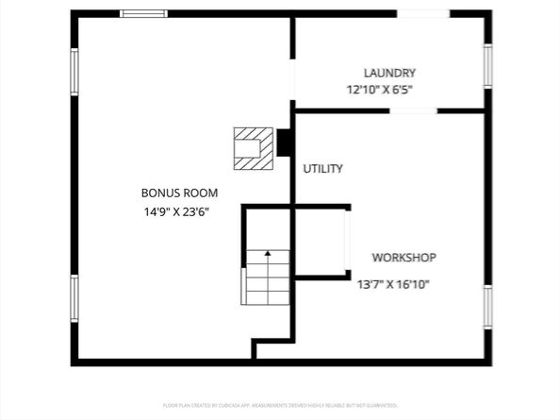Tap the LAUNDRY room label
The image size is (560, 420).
[x=389, y=73]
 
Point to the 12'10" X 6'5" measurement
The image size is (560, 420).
[x=379, y=91]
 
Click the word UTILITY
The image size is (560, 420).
[x=322, y=169]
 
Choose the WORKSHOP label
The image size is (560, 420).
[x=404, y=257]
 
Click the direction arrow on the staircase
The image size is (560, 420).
[x=268, y=255]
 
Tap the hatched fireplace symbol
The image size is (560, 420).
[x=252, y=148]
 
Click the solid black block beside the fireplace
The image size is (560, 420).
[x=283, y=143]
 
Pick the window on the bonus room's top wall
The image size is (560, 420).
[x=144, y=13]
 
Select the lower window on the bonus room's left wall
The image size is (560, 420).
[x=74, y=298]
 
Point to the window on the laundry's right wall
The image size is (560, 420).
[x=487, y=66]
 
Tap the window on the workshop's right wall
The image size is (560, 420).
[x=487, y=307]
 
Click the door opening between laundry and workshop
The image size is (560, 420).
[x=413, y=110]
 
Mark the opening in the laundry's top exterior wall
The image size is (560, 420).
[x=422, y=13]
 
